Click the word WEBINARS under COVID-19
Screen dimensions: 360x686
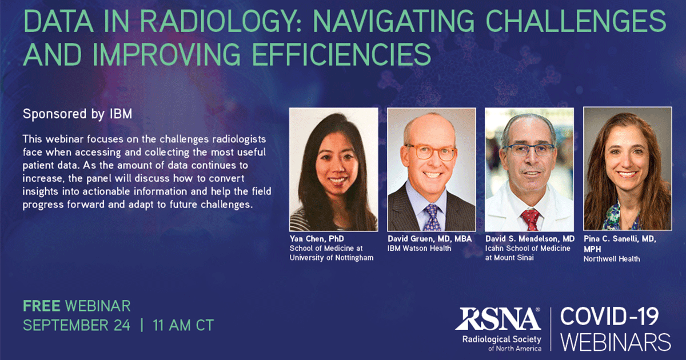pos(615,342)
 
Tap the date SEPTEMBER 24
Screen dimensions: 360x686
pos(77,326)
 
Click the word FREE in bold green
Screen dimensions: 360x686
pos(42,306)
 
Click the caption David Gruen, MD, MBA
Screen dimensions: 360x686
pos(429,238)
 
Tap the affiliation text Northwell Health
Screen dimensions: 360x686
pos(611,259)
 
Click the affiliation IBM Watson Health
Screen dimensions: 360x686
pos(419,248)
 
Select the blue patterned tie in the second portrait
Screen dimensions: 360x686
pos(432,218)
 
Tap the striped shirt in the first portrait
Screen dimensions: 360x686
pos(309,220)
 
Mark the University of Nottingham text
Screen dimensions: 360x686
pos(332,258)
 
